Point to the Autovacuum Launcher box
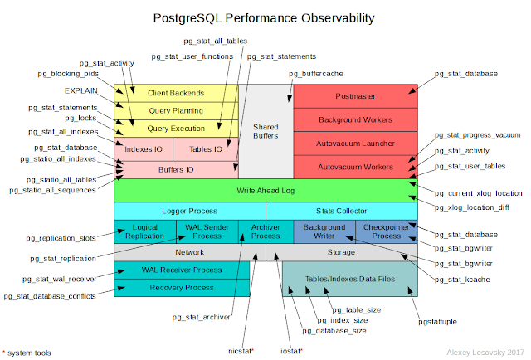pyautogui.click(x=356, y=143)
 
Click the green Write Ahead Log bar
pyautogui.click(x=265, y=190)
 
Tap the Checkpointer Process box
pyautogui.click(x=386, y=231)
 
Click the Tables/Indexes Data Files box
pyautogui.click(x=350, y=280)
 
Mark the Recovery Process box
pyautogui.click(x=182, y=287)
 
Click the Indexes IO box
pyautogui.click(x=144, y=149)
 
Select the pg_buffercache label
pyautogui.click(x=315, y=74)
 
